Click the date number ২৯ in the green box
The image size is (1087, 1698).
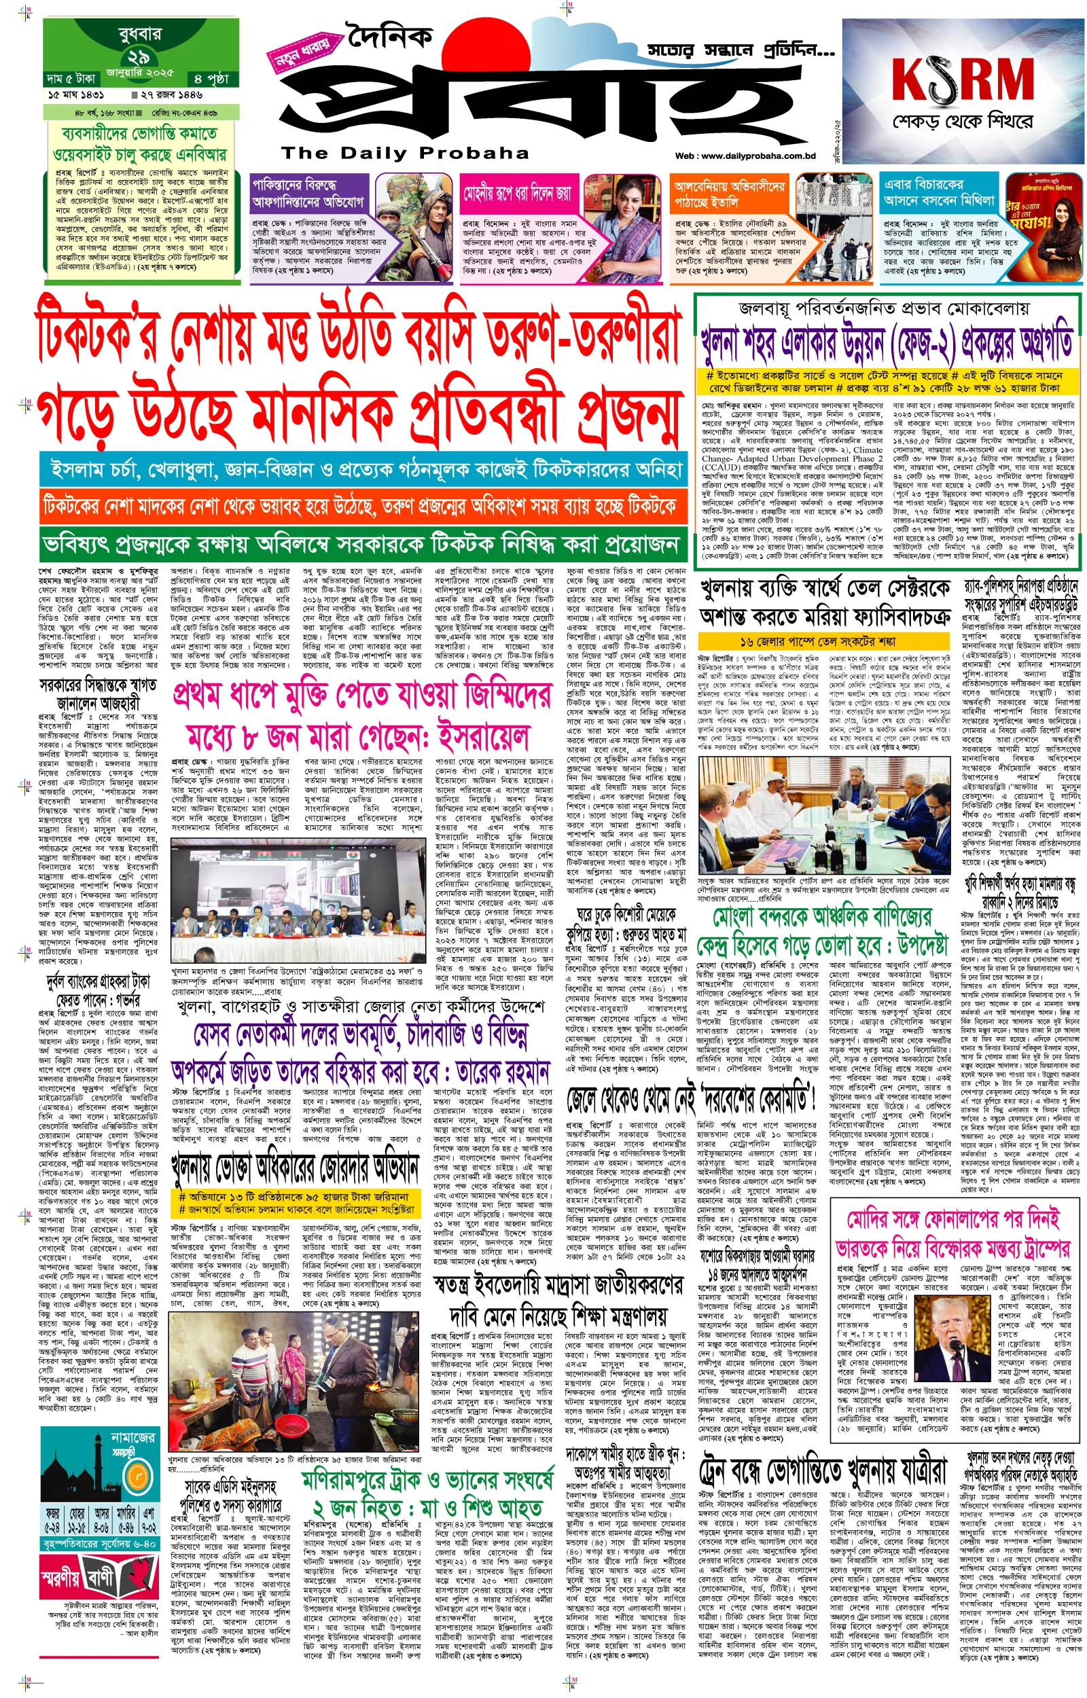click(139, 58)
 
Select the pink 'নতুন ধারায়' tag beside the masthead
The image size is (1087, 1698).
click(302, 54)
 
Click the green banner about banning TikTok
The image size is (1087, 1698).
click(363, 545)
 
